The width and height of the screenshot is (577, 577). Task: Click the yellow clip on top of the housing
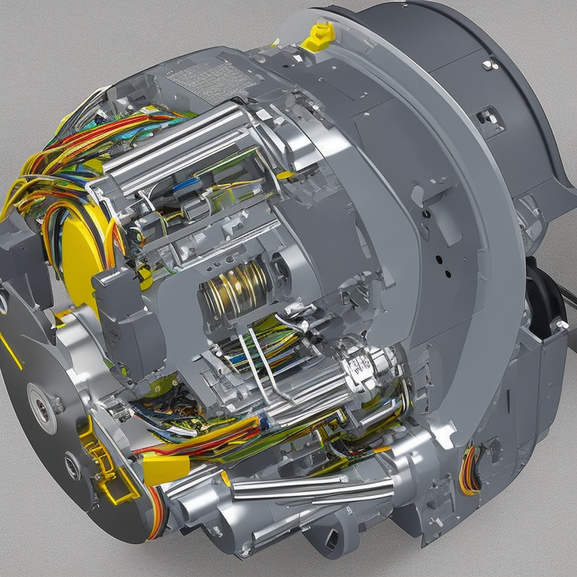pyautogui.click(x=319, y=37)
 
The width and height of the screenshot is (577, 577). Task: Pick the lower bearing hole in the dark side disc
pyautogui.click(x=72, y=466)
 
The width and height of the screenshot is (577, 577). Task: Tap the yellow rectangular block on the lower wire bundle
pyautogui.click(x=165, y=469)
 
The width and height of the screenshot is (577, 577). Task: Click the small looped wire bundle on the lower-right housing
pyautogui.click(x=470, y=470)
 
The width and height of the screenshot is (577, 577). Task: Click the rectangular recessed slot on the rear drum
pyautogui.click(x=489, y=117)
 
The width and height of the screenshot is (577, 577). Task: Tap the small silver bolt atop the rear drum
pyautogui.click(x=489, y=65)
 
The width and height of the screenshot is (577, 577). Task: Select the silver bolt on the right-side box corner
pyautogui.click(x=560, y=325)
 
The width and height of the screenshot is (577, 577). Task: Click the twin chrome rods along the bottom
pyautogui.click(x=308, y=489)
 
